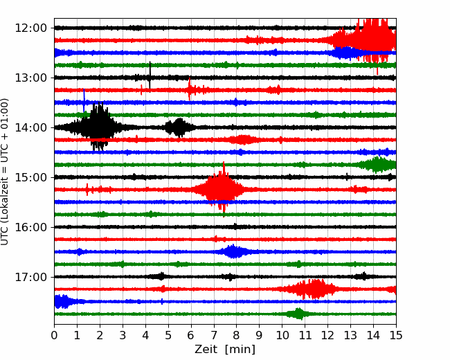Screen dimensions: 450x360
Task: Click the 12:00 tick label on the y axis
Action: [x=30, y=28]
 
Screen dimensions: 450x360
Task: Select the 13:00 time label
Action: [x=30, y=78]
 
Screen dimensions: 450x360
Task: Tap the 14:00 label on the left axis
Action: [x=30, y=127]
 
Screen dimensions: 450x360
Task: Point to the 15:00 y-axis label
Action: [x=30, y=177]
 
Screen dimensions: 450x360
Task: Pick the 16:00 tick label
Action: [x=30, y=227]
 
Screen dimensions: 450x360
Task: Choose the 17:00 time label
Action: [x=30, y=277]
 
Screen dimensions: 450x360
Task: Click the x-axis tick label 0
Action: [x=54, y=335]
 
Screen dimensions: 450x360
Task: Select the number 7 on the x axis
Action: [x=214, y=335]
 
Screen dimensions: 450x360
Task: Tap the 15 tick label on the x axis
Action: [x=396, y=335]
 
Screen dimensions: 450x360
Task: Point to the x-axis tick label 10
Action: [x=282, y=335]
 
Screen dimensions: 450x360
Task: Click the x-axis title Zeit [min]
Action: [x=225, y=350]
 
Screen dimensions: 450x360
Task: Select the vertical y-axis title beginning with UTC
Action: [x=5, y=172]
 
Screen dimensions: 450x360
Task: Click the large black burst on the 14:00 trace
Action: [x=100, y=126]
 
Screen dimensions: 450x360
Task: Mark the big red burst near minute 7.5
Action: [x=222, y=189]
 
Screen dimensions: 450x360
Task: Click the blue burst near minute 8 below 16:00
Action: [x=234, y=251]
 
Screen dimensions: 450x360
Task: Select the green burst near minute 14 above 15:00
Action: [x=377, y=165]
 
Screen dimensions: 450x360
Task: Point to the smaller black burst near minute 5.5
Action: [x=179, y=127]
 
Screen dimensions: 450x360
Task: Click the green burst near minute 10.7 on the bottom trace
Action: [x=298, y=314]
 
